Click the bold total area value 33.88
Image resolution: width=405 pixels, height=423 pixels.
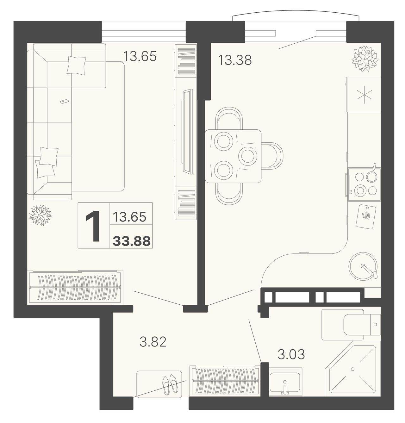(132, 241)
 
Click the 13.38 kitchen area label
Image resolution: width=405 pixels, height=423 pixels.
(234, 60)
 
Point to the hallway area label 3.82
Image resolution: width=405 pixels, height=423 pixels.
(153, 342)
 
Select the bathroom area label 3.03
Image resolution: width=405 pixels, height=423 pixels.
(291, 354)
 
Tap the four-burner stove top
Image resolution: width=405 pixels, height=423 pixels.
(364, 184)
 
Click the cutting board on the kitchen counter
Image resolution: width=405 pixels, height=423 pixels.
(366, 216)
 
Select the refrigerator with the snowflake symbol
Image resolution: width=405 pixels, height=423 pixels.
(364, 94)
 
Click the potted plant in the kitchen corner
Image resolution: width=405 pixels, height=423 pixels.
(364, 59)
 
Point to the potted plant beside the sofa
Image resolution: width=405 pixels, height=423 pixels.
(40, 215)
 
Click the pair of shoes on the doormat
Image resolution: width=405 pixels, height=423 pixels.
(170, 384)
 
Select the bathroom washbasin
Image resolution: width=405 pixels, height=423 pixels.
(285, 382)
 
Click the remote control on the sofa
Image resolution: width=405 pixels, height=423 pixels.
(64, 101)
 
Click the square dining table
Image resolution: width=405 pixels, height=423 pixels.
(233, 156)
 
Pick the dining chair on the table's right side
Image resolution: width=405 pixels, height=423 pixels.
(272, 156)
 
